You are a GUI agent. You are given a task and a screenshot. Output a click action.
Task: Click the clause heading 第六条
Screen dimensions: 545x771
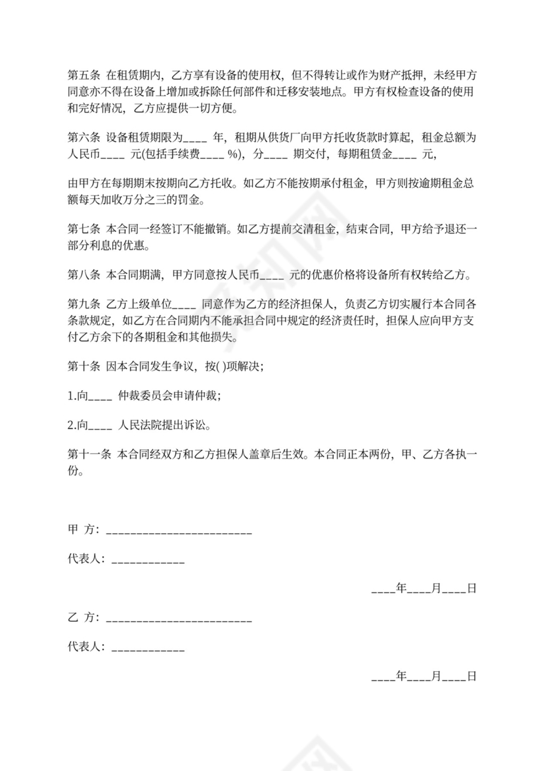tap(83, 138)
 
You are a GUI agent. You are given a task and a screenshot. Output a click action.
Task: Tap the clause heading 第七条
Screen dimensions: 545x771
tap(83, 230)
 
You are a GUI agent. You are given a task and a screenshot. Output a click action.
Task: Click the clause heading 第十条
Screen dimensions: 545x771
tap(83, 367)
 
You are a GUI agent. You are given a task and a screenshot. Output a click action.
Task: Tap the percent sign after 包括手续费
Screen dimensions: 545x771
tap(232, 156)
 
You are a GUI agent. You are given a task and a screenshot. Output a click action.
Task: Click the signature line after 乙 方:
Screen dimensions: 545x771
tap(179, 619)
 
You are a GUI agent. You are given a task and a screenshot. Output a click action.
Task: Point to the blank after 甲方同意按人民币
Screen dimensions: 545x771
tap(271, 276)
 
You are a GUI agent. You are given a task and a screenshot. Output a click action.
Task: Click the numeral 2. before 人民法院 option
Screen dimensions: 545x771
tap(72, 426)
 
